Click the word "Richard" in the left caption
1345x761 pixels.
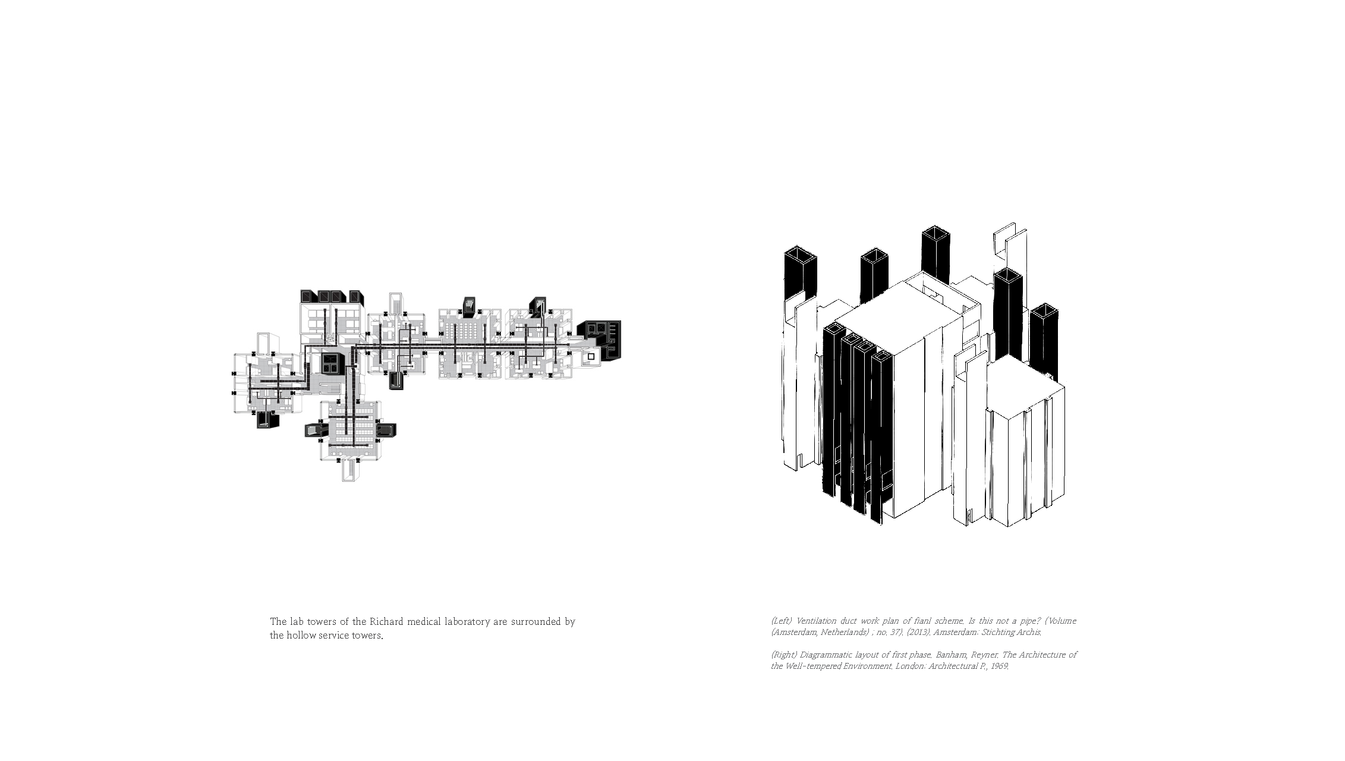[x=386, y=622]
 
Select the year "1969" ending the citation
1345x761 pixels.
[x=998, y=666]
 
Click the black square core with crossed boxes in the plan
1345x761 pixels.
[x=330, y=363]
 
